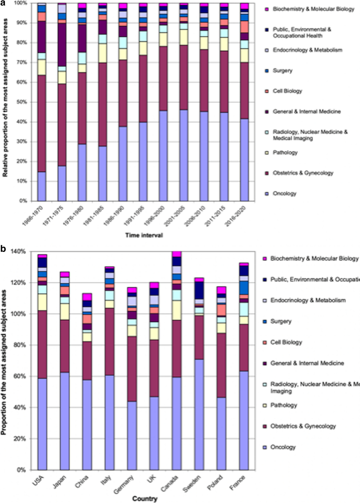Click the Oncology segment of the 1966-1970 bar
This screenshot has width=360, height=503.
click(x=42, y=186)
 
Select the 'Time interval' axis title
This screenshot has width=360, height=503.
click(x=144, y=235)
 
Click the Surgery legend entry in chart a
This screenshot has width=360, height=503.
click(x=282, y=71)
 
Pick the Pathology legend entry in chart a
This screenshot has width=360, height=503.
click(x=285, y=152)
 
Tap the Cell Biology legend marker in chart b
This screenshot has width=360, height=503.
click(x=265, y=342)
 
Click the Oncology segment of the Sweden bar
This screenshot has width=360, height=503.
click(x=199, y=414)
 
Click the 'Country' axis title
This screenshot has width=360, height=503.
click(x=145, y=499)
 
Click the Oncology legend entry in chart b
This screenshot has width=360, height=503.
click(x=283, y=447)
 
